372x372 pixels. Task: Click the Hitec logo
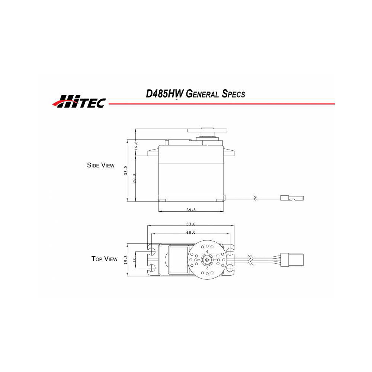[x=78, y=101]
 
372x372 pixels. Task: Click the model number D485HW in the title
[x=163, y=94]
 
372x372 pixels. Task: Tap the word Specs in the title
[x=233, y=94]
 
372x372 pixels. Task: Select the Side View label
[x=100, y=165]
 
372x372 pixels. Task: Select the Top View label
[x=104, y=259]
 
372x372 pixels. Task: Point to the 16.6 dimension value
[x=136, y=145]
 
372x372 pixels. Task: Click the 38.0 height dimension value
[x=126, y=170]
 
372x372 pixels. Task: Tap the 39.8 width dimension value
[x=191, y=210]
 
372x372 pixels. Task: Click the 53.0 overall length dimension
[x=191, y=224]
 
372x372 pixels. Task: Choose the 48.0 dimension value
[x=191, y=232]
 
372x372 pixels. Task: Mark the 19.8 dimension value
[x=126, y=259]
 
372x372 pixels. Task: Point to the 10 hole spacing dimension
[x=134, y=259]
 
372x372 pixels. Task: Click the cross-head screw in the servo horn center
[x=207, y=259]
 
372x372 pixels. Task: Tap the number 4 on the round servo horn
[x=207, y=252]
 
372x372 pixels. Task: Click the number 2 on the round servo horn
[x=207, y=267]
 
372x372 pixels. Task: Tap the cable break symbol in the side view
[x=255, y=198]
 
